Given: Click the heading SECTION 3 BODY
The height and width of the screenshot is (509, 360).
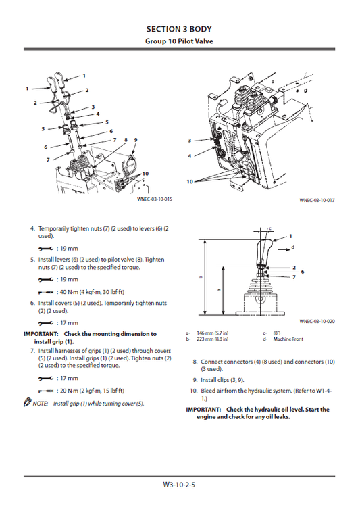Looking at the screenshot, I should (x=180, y=29).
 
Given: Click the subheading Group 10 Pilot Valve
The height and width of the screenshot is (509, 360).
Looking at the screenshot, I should (x=180, y=41).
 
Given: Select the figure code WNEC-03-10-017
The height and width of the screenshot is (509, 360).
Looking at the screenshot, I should (x=317, y=200).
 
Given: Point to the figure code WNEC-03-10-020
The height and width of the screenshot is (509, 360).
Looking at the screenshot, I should (x=317, y=322).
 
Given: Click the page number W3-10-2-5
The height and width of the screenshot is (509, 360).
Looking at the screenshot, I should (x=180, y=484).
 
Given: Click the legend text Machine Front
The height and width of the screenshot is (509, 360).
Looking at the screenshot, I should (x=284, y=339).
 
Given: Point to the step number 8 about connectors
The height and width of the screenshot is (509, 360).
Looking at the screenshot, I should (x=195, y=362).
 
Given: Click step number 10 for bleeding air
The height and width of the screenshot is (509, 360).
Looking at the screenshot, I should (x=193, y=391).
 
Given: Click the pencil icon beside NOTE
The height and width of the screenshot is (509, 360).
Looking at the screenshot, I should (x=27, y=404).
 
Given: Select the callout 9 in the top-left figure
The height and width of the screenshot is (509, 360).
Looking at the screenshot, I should (x=135, y=139).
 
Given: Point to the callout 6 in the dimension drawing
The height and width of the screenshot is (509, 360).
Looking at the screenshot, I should (x=302, y=271).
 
